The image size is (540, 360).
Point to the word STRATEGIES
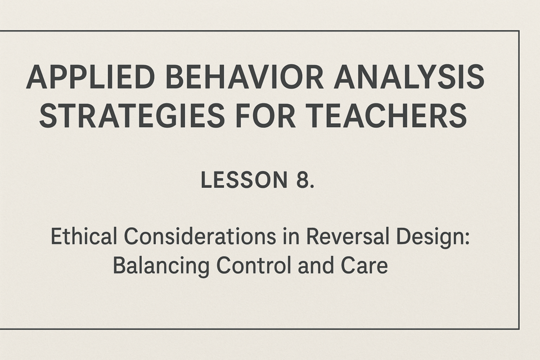132,115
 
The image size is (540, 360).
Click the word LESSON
244,180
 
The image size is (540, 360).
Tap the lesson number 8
303,180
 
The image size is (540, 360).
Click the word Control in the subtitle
254,265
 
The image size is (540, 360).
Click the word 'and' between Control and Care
317,265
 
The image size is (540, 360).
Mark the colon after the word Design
467,238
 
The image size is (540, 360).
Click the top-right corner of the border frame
519,31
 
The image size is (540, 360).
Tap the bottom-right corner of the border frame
519,329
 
